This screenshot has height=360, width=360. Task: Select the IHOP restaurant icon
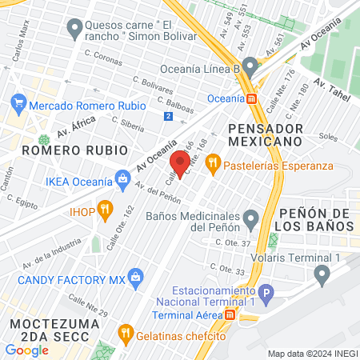(x=104, y=211)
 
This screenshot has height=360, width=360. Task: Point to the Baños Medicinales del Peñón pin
(x=251, y=217)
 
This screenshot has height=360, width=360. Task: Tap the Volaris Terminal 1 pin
(x=322, y=275)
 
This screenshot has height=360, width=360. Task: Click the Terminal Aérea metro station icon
(x=230, y=314)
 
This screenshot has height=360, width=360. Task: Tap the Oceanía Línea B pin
(x=250, y=65)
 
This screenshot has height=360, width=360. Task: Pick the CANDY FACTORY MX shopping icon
(x=135, y=278)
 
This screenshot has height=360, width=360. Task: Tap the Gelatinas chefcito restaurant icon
(x=124, y=333)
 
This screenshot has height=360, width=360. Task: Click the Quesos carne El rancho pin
(x=75, y=30)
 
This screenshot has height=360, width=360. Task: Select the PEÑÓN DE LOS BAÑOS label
(x=317, y=219)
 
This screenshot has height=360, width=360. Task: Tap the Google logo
(x=26, y=350)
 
